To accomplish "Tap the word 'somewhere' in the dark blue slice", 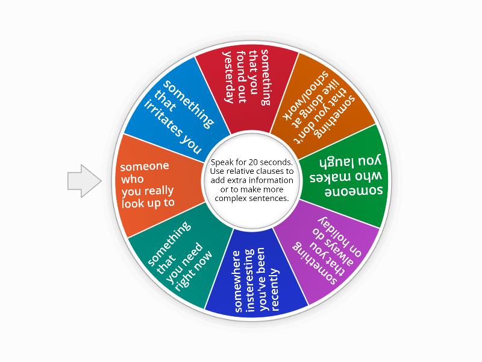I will [x=238, y=281].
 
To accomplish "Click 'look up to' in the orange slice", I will [x=148, y=203].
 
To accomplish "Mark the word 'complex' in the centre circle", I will [x=237, y=198].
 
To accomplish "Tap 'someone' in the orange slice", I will [x=145, y=167].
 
